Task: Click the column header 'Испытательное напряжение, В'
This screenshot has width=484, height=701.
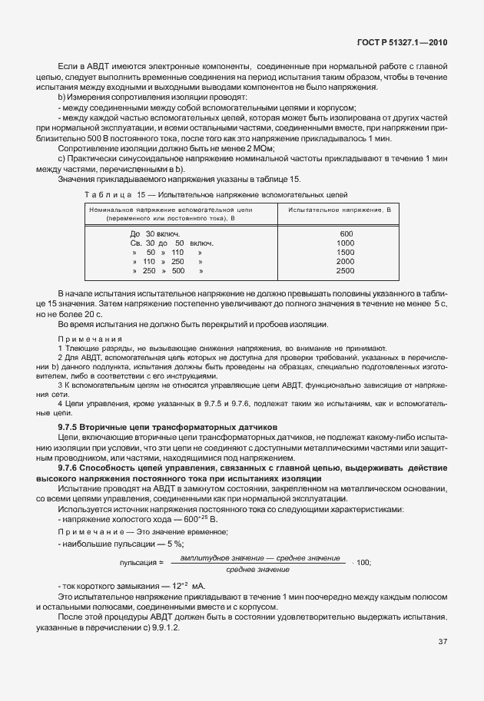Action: (340, 209)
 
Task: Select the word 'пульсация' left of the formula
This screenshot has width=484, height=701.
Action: (135, 562)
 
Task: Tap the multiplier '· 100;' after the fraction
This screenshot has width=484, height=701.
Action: (361, 562)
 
